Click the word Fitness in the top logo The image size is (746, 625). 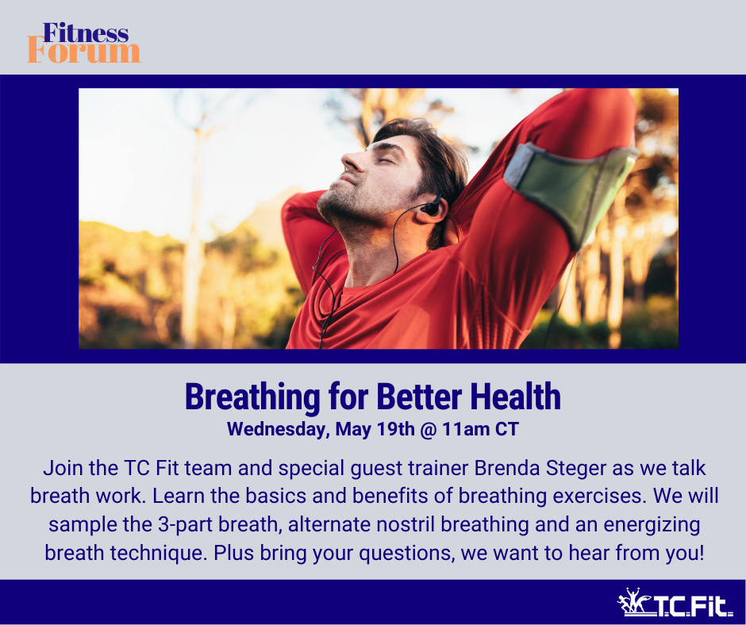(86, 33)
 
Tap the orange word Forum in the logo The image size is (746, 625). (84, 52)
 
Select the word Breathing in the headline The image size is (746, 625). (252, 397)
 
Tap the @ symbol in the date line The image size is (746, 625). (429, 430)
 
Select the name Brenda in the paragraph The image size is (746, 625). (507, 468)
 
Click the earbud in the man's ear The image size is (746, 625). (432, 207)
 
